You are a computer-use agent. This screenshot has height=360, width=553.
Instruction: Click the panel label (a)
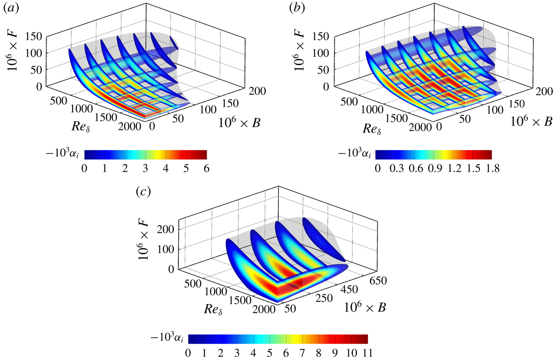(x=10, y=8)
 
